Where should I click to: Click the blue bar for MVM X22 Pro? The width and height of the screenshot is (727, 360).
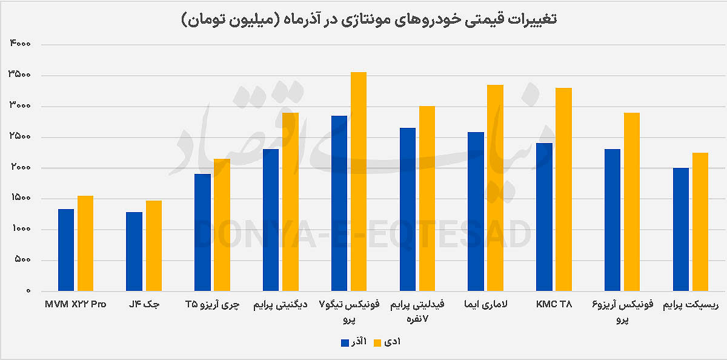point(66,250)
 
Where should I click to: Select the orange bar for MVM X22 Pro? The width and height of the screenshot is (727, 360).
point(85,243)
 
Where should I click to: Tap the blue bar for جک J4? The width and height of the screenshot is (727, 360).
point(134,252)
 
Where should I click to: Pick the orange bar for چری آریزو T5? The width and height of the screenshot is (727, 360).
point(222,225)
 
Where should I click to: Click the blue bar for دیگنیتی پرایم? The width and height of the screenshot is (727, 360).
point(271,220)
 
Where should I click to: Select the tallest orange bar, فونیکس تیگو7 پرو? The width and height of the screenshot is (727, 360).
point(359,182)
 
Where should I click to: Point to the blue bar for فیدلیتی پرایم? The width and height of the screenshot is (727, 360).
point(408,209)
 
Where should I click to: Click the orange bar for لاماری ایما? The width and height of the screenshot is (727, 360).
point(496,188)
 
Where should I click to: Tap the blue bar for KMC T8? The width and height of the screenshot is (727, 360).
point(545,217)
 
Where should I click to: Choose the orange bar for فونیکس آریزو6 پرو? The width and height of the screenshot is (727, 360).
point(632,202)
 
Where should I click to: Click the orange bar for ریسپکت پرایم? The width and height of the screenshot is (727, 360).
point(700,222)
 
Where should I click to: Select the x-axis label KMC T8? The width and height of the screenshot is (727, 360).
point(554,304)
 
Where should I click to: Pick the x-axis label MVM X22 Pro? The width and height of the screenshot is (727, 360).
point(76,304)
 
